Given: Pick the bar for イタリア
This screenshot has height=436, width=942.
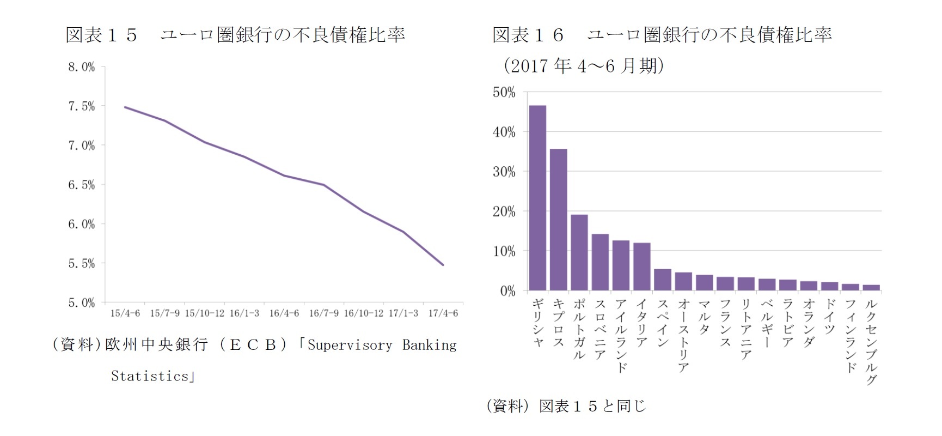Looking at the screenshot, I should coord(642,267).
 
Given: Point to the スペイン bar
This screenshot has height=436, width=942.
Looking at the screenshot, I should coord(663,280).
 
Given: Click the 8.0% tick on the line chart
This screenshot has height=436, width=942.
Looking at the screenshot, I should coord(81,67).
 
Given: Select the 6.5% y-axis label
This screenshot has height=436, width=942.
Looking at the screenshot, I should coord(81,185).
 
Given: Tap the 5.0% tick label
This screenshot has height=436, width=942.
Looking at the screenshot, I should coord(81,302).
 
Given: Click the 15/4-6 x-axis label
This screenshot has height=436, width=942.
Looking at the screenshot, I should coord(125,313).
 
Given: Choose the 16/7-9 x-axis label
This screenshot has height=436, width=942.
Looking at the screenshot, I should coord(323,313).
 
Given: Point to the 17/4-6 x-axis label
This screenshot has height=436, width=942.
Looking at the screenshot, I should coord(443,313).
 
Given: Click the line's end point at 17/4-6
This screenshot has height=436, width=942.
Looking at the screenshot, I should coord(443,265).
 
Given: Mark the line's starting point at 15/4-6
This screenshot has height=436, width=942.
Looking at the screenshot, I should coord(125,107).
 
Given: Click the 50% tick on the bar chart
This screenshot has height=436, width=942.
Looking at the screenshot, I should coord(504,92).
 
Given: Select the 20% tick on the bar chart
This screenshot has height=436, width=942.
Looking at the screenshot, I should coord(504,211).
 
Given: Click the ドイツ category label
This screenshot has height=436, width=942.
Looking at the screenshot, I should coord(830,316).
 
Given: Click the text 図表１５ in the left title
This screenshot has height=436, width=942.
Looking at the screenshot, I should coord(101,35).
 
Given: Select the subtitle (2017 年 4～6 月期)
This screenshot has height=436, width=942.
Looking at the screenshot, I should coord(583,66).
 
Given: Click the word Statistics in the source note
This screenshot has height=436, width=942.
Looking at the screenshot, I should coord(150,376).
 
